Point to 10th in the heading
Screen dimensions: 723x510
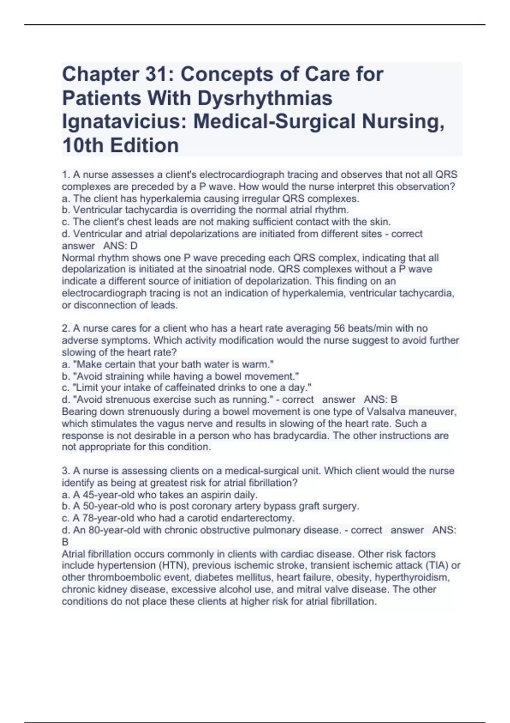83,145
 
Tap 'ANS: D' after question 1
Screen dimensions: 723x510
120,246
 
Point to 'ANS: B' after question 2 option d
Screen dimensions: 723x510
380,400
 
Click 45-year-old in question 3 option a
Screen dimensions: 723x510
99,495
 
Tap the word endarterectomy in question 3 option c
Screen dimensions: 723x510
260,518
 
